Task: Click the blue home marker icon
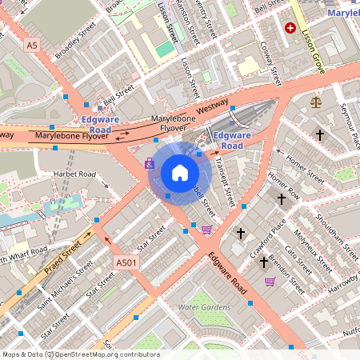[179, 173]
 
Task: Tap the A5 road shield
[31, 46]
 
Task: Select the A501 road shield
[125, 262]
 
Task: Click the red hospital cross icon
[290, 27]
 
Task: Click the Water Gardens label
[204, 307]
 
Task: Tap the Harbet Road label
[74, 174]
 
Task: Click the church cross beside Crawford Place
[241, 233]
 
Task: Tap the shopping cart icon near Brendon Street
[270, 282]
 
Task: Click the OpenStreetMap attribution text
[80, 354]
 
